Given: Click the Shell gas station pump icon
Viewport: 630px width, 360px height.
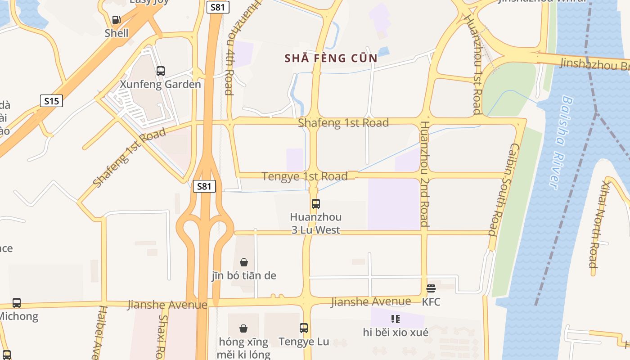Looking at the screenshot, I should pyautogui.click(x=116, y=20).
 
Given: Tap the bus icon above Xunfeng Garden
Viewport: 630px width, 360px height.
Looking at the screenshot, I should pyautogui.click(x=160, y=71).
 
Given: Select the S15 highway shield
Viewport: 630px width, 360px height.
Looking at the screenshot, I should pyautogui.click(x=51, y=101).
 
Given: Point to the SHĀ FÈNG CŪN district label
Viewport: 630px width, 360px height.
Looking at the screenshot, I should pyautogui.click(x=331, y=58).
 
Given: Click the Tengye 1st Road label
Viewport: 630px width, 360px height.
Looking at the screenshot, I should pyautogui.click(x=305, y=176).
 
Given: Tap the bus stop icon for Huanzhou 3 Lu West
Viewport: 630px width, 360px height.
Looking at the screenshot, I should pyautogui.click(x=315, y=203).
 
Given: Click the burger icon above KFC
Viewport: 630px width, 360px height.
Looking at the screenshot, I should pyautogui.click(x=431, y=288).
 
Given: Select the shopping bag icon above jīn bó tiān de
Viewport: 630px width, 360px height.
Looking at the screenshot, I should pyautogui.click(x=243, y=262).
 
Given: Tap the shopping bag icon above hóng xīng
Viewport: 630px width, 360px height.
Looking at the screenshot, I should pyautogui.click(x=243, y=328).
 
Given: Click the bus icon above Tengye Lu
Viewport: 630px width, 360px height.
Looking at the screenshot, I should pyautogui.click(x=304, y=328).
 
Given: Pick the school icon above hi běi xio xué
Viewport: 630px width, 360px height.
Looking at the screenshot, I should pyautogui.click(x=395, y=319).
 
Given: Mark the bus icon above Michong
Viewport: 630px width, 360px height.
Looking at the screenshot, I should pyautogui.click(x=17, y=303).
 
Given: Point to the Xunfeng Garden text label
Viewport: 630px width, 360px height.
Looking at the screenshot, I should pyautogui.click(x=160, y=84).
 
